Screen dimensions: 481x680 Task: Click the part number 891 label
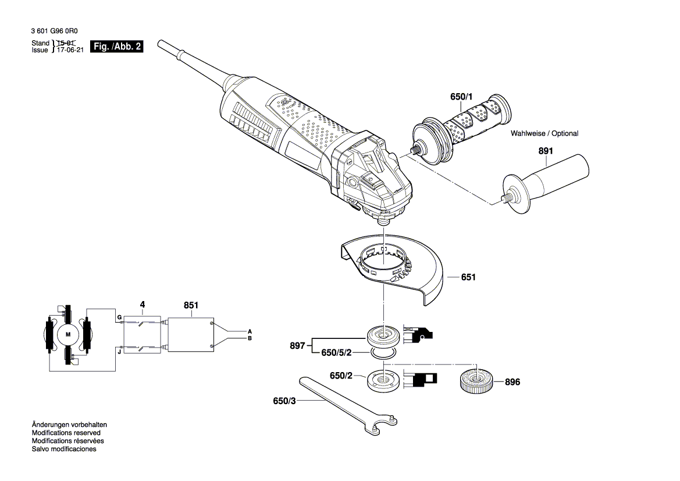[545, 151]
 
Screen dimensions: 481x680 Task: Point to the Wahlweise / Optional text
[544, 133]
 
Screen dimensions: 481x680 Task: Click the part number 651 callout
[468, 277]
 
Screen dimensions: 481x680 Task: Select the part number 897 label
[298, 345]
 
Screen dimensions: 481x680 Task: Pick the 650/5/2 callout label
[337, 353]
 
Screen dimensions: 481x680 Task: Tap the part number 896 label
[512, 382]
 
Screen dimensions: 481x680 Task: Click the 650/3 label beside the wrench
[284, 401]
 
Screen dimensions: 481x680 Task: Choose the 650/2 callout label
[341, 376]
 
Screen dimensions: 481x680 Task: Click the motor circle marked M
[67, 334]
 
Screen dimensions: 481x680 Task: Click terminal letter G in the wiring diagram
[119, 317]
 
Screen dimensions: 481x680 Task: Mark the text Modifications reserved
[66, 433]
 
